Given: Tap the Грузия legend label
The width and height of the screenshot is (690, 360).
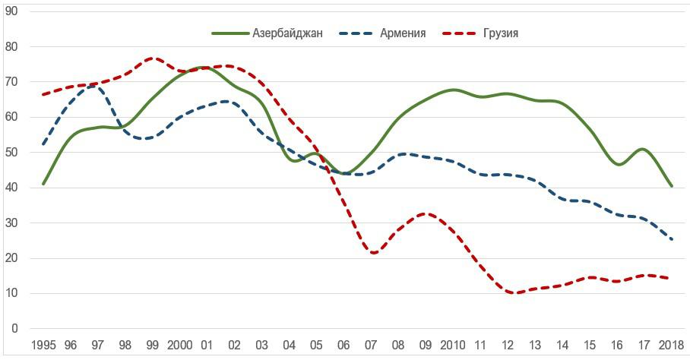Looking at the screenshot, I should click(x=500, y=33).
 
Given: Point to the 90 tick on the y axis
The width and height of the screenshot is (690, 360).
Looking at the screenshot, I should click(x=11, y=11).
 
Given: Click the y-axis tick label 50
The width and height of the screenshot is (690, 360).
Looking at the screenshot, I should click(x=11, y=153).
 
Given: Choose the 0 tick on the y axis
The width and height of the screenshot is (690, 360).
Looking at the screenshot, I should click(x=14, y=329).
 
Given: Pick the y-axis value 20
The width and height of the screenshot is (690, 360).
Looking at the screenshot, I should click(x=11, y=258).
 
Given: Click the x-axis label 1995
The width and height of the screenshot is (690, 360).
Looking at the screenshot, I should click(x=43, y=346).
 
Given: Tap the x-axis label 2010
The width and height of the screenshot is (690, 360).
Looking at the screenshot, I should click(x=454, y=346).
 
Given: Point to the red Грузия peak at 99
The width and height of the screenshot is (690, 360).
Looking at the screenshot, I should click(x=153, y=58).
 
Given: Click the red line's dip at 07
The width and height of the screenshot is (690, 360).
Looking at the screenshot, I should click(x=373, y=253).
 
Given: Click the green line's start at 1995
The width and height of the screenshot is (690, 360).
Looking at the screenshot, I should click(x=43, y=184).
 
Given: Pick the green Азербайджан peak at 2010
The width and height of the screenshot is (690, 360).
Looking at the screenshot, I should click(x=453, y=90).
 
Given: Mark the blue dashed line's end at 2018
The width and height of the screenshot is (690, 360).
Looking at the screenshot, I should click(x=672, y=239).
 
